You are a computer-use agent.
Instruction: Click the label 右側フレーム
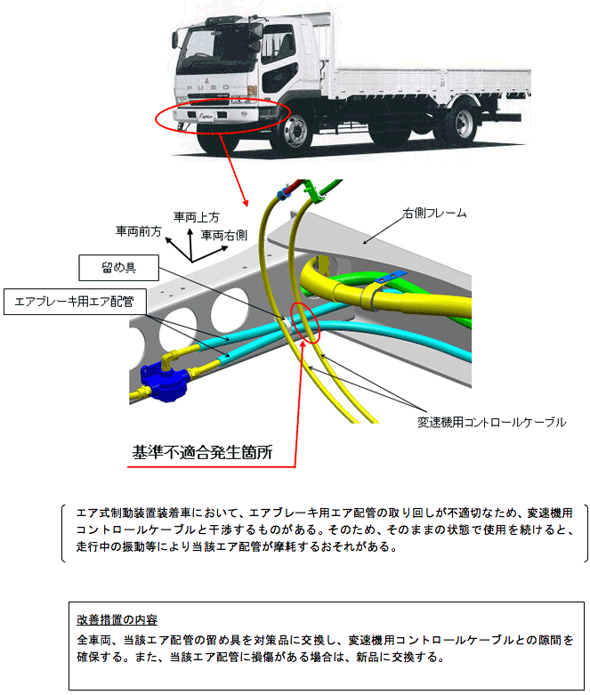[x=434, y=214]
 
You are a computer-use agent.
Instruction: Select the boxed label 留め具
[x=118, y=265]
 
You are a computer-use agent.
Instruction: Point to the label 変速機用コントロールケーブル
[x=491, y=423]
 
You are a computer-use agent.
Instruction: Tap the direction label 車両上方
[x=196, y=216]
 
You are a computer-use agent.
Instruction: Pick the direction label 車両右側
[x=224, y=235]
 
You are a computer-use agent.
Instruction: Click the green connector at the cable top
[x=312, y=190]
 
